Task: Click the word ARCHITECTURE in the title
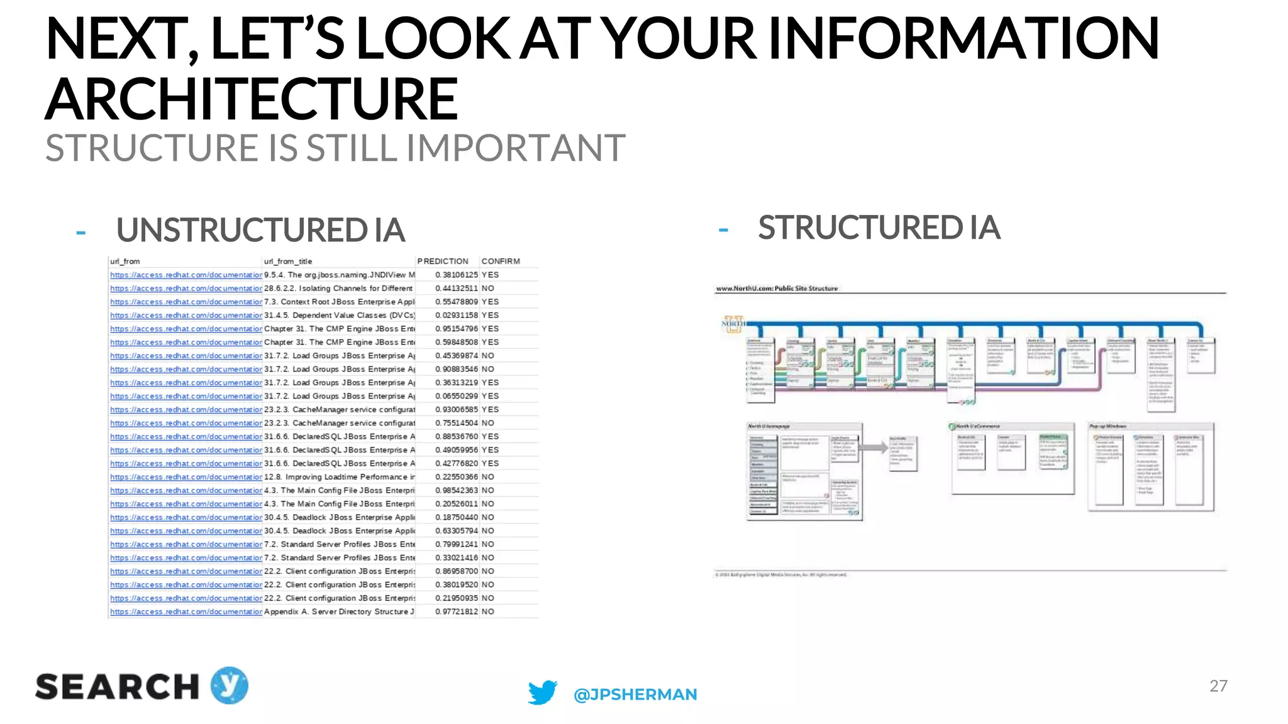252,99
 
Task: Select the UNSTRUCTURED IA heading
260,230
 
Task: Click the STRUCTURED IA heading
879,228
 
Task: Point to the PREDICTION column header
443,261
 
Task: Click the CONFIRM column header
501,261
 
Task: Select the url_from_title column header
288,261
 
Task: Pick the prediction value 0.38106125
457,275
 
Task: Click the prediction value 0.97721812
457,612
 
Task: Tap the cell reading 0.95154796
457,329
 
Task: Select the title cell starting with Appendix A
339,612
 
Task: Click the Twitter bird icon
542,693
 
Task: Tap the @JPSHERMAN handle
635,694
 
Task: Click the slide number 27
1218,686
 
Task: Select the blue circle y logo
230,685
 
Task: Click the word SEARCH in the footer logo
117,687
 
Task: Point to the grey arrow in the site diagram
873,447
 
